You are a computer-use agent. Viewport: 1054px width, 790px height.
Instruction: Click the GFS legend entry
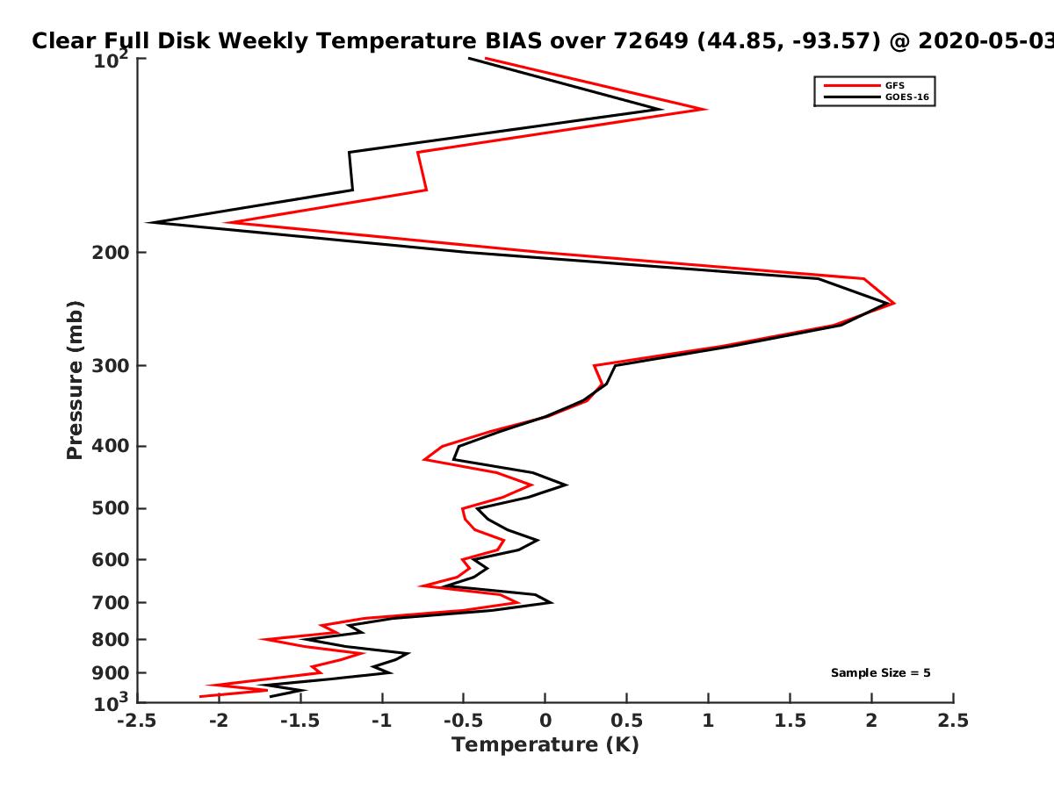[x=864, y=86]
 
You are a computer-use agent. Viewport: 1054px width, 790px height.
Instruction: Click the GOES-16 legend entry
[x=877, y=97]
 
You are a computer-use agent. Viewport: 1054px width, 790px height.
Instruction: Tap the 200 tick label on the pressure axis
[x=111, y=253]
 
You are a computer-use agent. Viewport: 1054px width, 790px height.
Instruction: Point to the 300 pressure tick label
[x=111, y=366]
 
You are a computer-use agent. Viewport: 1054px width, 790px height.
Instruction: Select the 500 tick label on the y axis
[x=111, y=508]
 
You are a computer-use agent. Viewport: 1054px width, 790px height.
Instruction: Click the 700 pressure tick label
[x=111, y=603]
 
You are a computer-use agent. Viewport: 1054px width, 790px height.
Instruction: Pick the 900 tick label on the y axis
[x=111, y=673]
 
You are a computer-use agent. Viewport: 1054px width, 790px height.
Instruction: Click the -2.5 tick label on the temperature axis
[x=137, y=721]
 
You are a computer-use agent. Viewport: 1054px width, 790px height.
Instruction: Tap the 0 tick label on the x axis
[x=545, y=721]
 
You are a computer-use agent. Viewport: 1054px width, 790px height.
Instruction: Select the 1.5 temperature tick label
[x=790, y=721]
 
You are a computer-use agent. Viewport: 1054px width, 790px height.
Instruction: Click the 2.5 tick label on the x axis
[x=953, y=721]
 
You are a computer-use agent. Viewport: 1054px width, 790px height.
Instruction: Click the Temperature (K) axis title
[x=545, y=745]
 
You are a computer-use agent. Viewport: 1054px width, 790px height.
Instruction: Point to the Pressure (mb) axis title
[x=75, y=380]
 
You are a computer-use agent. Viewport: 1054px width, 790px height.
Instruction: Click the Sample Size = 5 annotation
[x=881, y=673]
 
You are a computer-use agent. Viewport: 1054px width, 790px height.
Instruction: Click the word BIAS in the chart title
[x=513, y=41]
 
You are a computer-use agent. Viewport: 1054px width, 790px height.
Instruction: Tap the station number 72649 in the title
[x=651, y=41]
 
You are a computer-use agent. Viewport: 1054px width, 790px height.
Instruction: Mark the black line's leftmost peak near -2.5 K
[x=148, y=223]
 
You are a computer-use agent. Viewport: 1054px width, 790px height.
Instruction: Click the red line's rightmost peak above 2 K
[x=893, y=303]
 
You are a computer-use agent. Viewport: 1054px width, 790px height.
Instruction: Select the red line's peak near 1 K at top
[x=705, y=109]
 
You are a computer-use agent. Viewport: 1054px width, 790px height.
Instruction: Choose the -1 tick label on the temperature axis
[x=382, y=721]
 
